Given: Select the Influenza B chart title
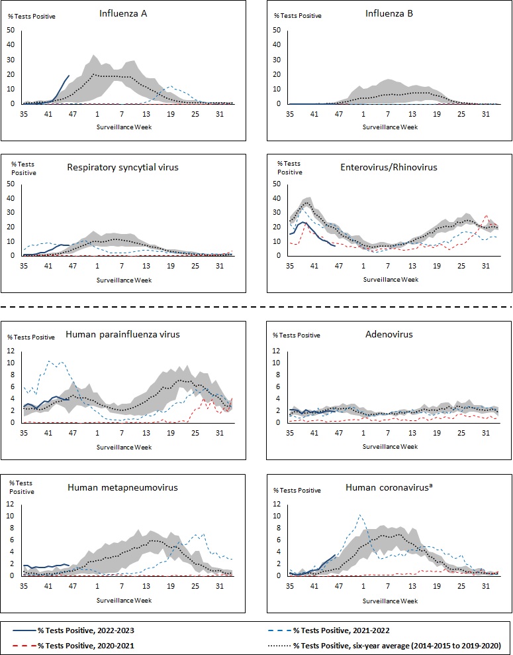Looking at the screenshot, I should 389,13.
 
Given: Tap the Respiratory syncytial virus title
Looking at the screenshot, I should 122,167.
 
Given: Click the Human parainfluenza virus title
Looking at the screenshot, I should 122,334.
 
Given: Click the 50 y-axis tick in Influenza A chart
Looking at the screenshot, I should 11,29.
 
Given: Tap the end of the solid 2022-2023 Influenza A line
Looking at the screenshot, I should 69,76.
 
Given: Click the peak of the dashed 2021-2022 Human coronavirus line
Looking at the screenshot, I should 359,514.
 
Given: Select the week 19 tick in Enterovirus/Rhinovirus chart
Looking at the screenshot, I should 436,267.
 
